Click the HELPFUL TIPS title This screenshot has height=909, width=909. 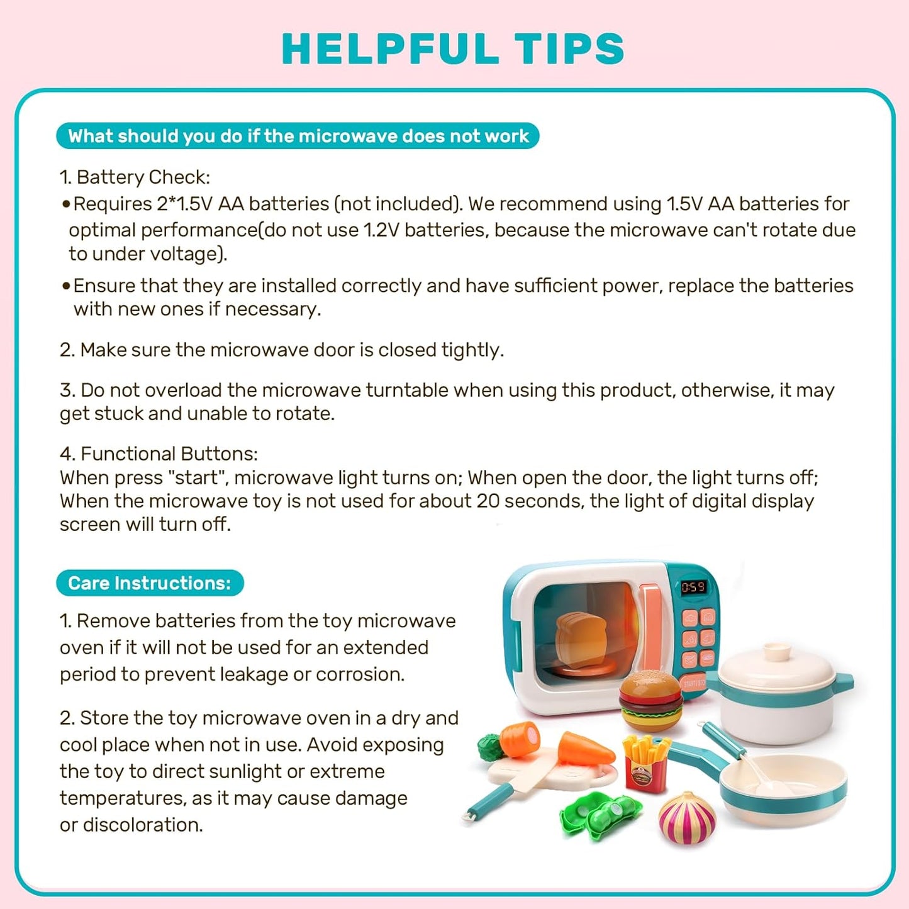pos(453,48)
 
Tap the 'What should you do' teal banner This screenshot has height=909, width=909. pos(298,136)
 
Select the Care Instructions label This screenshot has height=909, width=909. pos(150,583)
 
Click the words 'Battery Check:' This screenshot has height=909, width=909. pos(143,177)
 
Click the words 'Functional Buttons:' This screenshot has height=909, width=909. pos(169,454)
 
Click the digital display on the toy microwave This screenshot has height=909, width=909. pos(693,587)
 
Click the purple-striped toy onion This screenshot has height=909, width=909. pos(687,818)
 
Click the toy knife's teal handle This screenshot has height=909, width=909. pos(489,802)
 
